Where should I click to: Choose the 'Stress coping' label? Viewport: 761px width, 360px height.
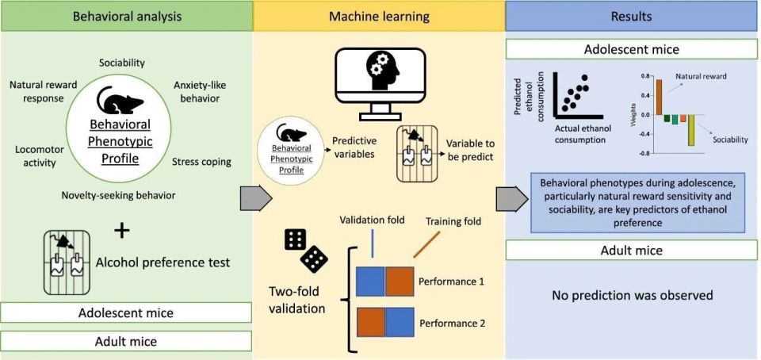[x=201, y=163]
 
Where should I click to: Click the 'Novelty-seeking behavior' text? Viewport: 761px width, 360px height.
[x=118, y=195]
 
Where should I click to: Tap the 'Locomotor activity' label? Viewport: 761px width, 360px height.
[x=36, y=155]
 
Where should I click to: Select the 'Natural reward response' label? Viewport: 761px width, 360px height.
[x=44, y=91]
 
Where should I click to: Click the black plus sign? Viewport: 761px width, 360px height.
[x=121, y=230]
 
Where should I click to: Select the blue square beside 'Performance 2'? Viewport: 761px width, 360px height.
[x=400, y=324]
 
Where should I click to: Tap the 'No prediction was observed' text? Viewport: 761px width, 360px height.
[x=632, y=296]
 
